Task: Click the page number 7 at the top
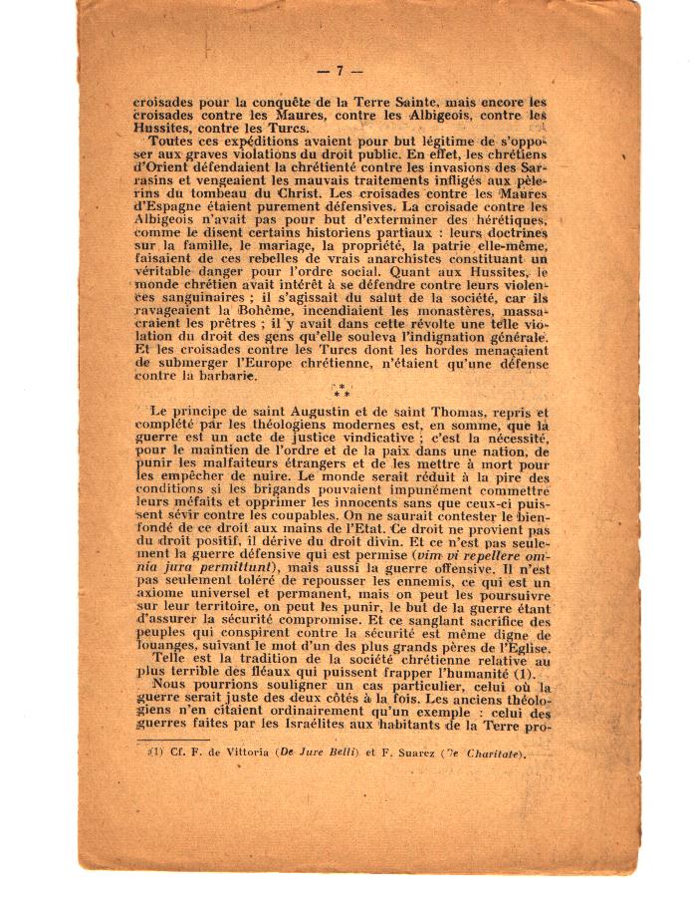(340, 71)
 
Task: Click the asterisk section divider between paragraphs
(342, 392)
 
